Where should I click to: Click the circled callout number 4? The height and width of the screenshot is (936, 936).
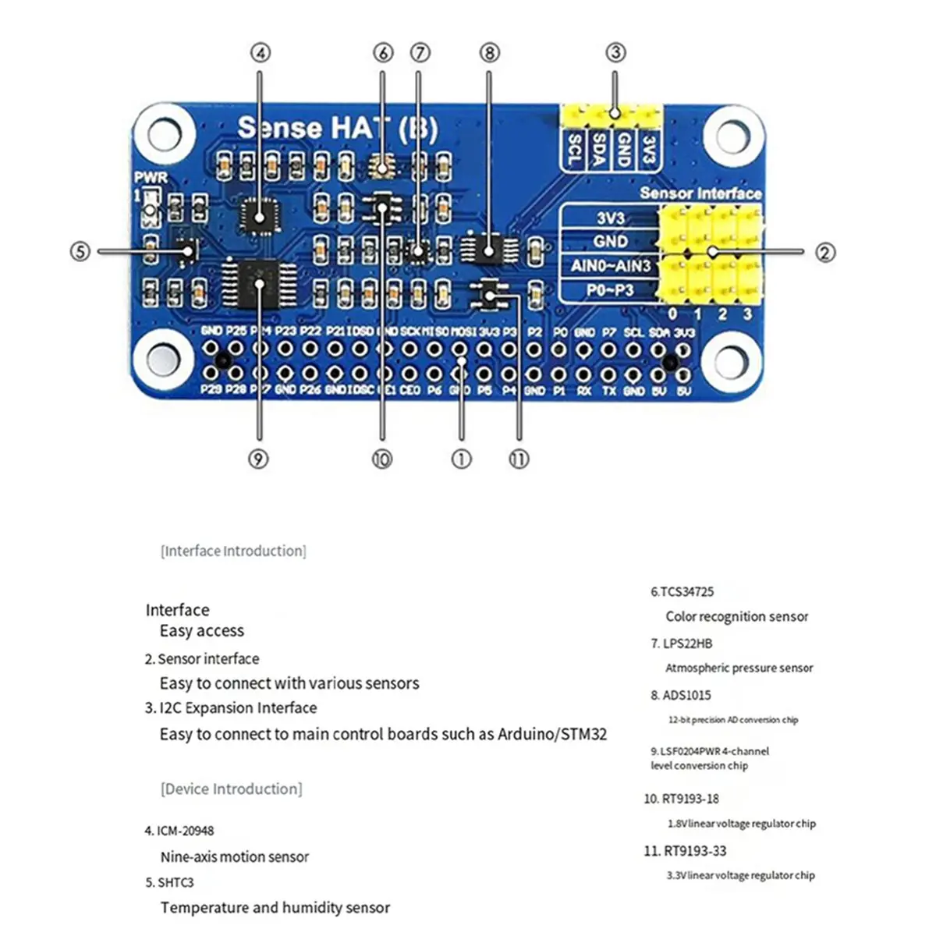261,53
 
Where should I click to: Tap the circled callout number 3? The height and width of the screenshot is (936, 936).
615,53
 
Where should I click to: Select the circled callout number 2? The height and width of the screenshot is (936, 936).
825,252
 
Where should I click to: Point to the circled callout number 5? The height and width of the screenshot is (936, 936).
80,251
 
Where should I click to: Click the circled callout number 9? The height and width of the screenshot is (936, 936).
259,459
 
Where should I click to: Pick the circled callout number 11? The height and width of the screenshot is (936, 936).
519,459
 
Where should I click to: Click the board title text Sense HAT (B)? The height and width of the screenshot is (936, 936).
337,128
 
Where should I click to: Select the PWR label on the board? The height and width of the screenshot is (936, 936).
151,178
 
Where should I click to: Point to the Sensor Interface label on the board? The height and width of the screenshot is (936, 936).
700,193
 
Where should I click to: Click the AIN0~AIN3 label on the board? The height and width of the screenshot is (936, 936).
610,266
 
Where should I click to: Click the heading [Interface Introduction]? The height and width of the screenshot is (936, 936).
233,551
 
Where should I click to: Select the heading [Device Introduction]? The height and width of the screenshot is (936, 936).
231,789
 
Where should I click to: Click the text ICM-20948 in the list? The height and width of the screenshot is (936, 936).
185,831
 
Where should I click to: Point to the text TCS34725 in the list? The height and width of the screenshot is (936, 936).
686,592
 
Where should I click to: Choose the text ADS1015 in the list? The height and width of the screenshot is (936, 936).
686,695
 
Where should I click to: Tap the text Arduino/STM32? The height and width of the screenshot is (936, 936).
552,734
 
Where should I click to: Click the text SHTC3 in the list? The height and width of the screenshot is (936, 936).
175,882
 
